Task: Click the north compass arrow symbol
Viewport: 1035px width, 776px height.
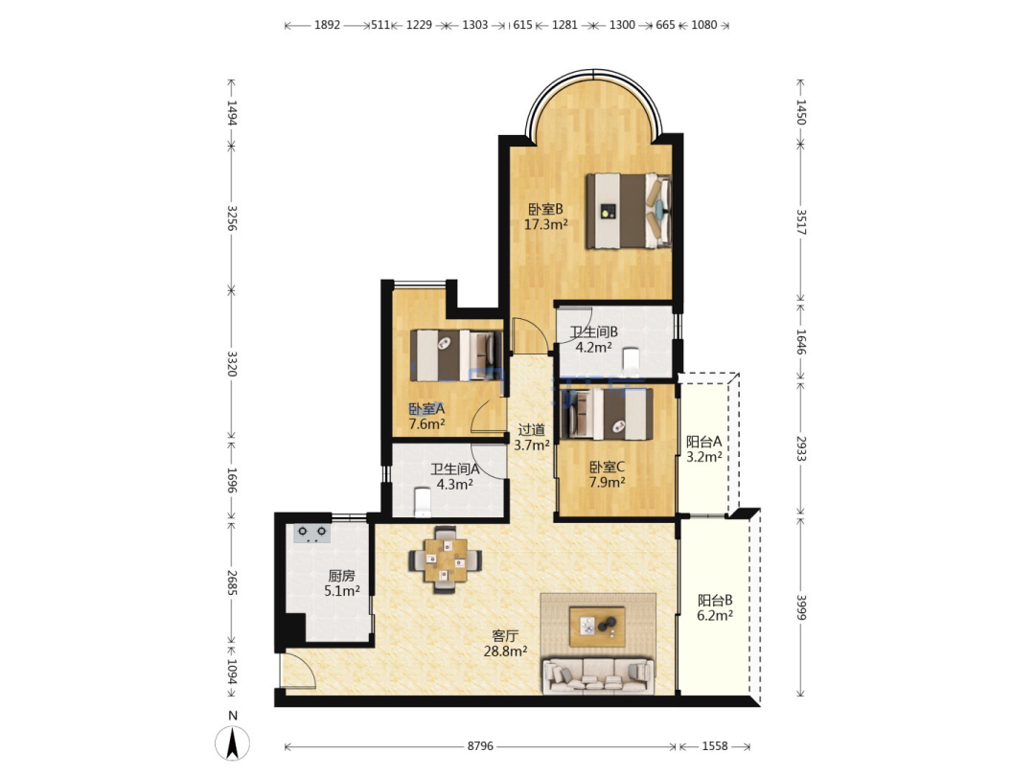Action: [232, 742]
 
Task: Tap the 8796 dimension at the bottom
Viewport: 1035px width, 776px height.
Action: [480, 746]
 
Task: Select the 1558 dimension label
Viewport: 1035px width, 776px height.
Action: [714, 746]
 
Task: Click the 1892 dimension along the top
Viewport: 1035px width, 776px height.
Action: [327, 25]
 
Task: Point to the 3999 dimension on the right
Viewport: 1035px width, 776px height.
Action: [800, 607]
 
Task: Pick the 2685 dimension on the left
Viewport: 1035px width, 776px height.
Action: [232, 582]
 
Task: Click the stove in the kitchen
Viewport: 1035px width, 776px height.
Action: [311, 533]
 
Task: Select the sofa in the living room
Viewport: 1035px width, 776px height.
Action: [598, 675]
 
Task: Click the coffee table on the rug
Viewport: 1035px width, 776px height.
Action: [597, 627]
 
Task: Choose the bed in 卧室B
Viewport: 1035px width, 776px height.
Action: [629, 211]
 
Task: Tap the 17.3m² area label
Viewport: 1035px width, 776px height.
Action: [546, 224]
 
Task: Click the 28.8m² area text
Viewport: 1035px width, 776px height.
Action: [505, 651]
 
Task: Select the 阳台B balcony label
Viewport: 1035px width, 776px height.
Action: [715, 601]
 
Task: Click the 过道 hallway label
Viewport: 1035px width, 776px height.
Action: [531, 429]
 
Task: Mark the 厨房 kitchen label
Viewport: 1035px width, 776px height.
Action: [341, 576]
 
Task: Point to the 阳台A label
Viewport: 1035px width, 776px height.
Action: [703, 442]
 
